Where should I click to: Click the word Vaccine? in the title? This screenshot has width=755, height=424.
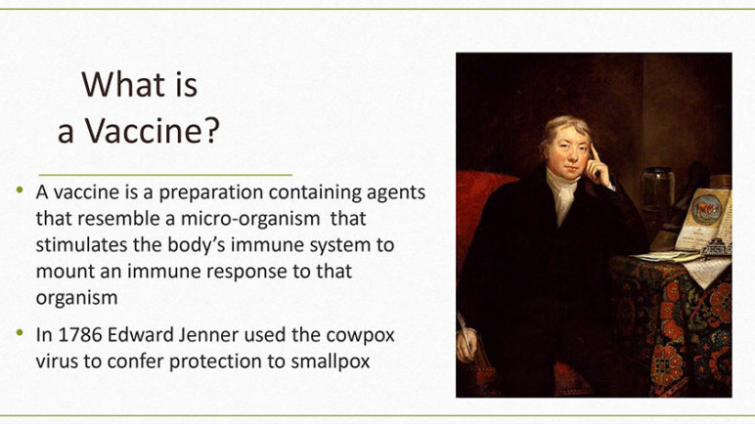[153, 130]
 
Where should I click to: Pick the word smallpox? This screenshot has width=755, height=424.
[331, 361]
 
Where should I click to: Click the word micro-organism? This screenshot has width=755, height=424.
[250, 219]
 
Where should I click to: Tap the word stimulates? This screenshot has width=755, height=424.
[82, 245]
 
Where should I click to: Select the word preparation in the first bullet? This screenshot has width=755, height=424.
[211, 192]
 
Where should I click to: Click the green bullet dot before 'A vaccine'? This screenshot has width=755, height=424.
[20, 191]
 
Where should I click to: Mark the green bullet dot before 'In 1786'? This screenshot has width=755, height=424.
[20, 332]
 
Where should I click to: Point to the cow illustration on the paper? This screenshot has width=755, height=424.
[706, 210]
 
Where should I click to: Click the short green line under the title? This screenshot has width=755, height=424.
[165, 175]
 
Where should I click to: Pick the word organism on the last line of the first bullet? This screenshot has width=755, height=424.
[76, 298]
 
